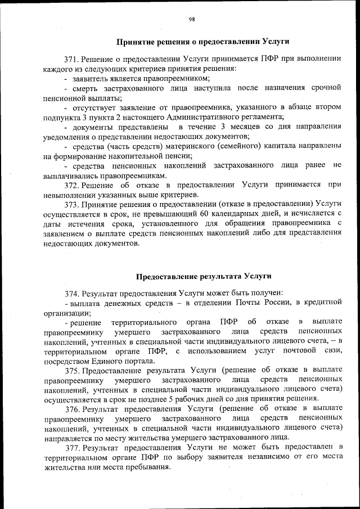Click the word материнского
pyautogui.click(x=183, y=145)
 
